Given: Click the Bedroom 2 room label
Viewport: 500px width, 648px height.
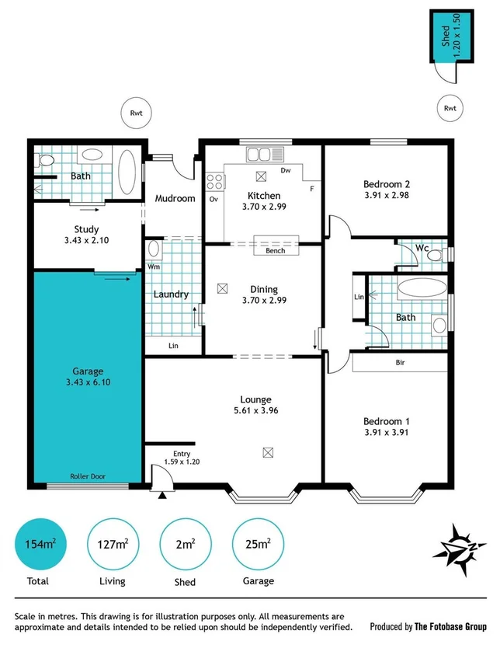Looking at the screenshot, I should point(386,184).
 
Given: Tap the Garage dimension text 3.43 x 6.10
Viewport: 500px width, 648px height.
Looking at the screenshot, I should point(87,383).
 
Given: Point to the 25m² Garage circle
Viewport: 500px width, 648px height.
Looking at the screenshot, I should point(256,544).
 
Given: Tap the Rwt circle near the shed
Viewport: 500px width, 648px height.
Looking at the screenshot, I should point(450,108).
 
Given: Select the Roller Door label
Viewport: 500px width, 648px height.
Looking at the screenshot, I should point(88,477).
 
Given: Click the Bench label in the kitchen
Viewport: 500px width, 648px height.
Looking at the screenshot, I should point(275,250).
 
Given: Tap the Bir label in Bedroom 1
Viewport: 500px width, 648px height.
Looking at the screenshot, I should point(401,363).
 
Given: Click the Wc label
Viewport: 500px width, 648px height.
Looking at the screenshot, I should point(422,248).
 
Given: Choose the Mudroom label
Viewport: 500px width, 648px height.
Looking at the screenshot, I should point(175,198).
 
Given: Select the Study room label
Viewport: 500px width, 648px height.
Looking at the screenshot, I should point(86,229).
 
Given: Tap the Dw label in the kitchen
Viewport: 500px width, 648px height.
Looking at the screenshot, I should point(286,169).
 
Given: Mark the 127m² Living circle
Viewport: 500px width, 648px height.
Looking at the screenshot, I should point(111,544).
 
